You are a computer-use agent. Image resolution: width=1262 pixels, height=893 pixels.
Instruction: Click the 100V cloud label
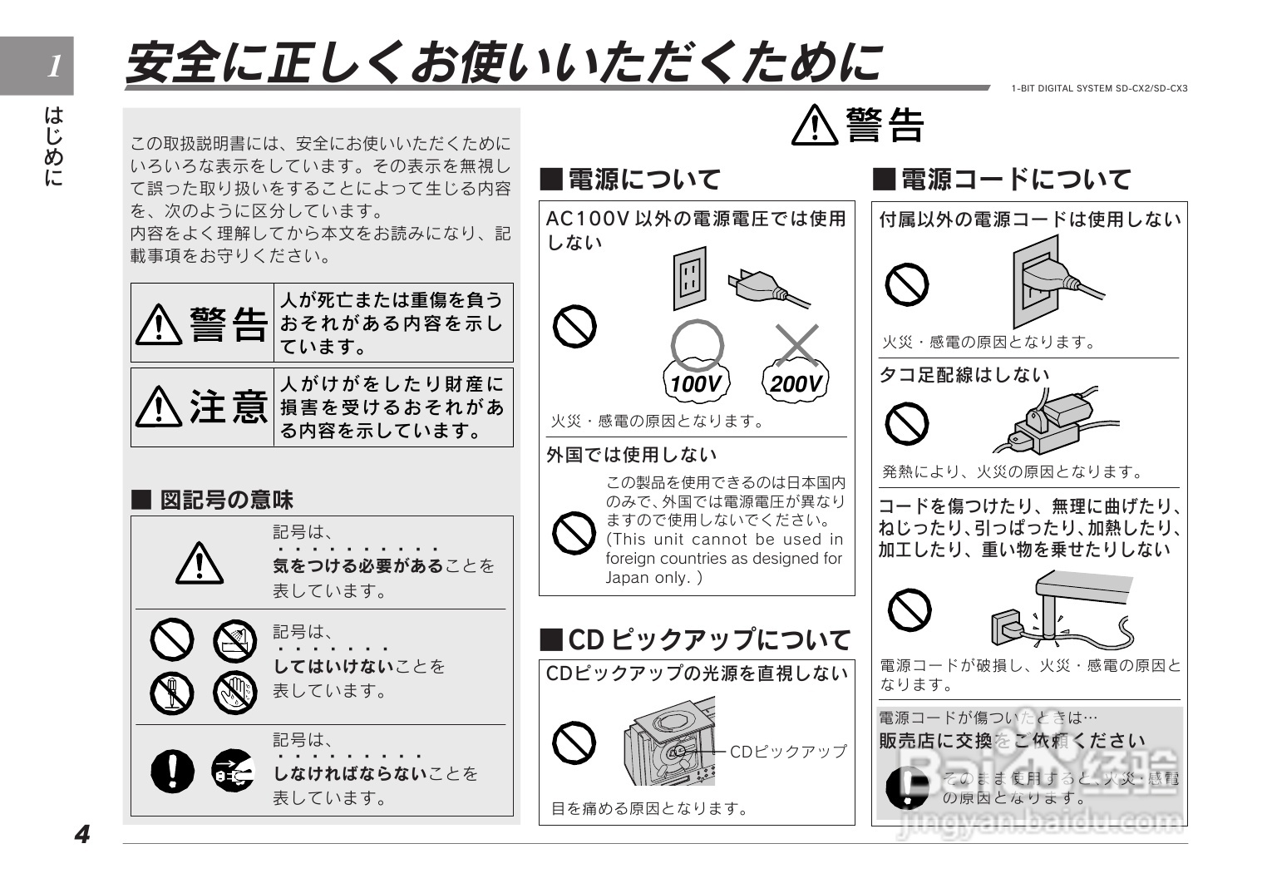(696, 383)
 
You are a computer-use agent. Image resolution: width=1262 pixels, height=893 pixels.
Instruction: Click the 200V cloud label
(795, 383)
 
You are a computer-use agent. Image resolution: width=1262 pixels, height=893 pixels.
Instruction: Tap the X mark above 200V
(796, 343)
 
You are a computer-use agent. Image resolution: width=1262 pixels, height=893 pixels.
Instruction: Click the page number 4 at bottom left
(81, 834)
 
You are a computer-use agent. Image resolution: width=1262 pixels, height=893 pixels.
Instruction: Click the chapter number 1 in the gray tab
(54, 66)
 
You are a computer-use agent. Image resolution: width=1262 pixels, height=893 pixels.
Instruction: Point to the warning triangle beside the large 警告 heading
(816, 126)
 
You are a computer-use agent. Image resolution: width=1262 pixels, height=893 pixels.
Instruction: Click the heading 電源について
(630, 179)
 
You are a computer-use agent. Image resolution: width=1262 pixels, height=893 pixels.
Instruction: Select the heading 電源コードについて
(1002, 179)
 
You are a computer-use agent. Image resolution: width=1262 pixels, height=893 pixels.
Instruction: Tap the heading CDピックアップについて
(696, 639)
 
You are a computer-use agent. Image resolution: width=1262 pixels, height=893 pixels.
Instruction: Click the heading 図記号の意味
(213, 499)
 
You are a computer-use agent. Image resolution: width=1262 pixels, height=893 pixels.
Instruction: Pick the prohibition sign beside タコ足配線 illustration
(906, 424)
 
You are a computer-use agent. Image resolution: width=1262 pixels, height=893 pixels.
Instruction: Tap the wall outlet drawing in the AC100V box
(690, 280)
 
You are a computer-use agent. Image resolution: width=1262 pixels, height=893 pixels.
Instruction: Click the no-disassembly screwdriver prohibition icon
(172, 693)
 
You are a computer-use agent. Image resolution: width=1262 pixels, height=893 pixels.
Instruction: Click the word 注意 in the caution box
(229, 407)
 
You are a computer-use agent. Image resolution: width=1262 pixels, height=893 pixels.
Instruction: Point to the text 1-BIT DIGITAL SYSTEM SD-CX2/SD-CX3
(1099, 88)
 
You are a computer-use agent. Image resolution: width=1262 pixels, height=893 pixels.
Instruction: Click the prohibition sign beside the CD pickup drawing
(574, 743)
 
